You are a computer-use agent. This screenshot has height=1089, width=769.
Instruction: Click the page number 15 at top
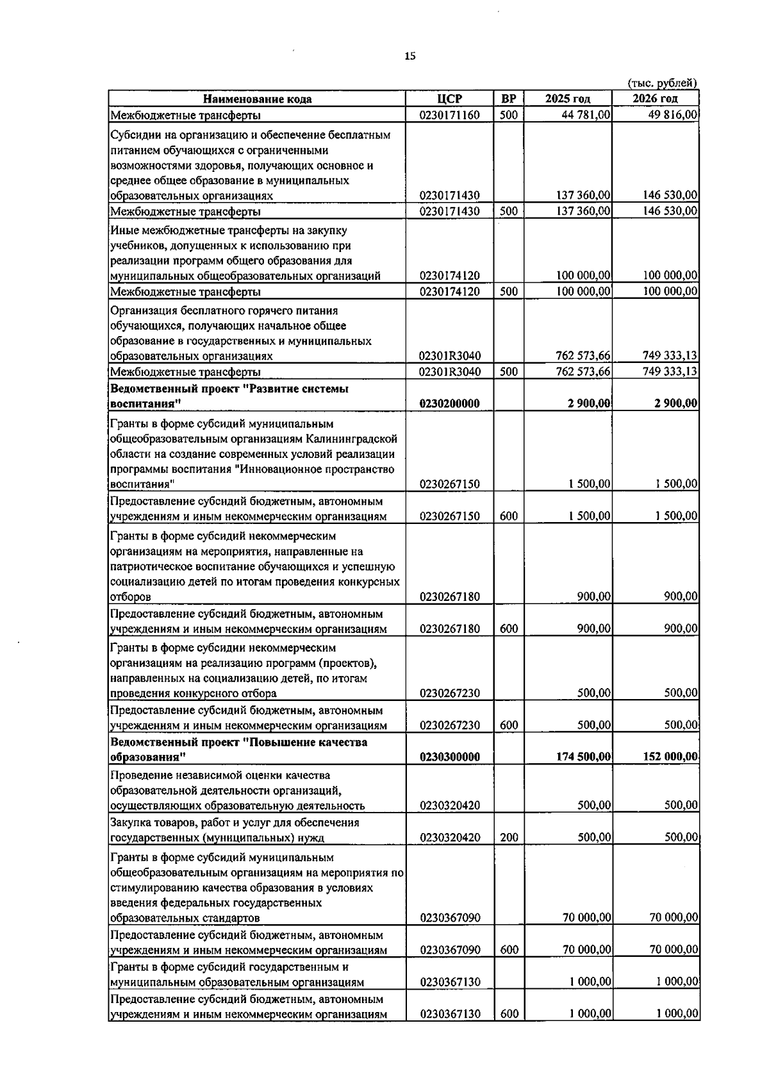click(409, 56)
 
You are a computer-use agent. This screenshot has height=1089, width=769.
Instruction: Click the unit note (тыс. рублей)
click(662, 83)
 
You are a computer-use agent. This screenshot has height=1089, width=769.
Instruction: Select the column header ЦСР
click(449, 99)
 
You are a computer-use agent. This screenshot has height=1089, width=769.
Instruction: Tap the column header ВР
click(508, 99)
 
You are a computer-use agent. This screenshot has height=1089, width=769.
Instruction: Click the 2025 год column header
click(568, 99)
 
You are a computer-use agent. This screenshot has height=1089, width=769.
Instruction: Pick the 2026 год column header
click(655, 99)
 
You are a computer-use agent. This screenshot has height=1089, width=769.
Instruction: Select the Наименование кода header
click(257, 99)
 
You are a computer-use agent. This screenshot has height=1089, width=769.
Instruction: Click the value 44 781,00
click(586, 115)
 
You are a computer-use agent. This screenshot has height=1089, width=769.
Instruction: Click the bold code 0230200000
click(449, 403)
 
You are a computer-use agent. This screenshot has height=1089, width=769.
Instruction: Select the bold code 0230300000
click(449, 757)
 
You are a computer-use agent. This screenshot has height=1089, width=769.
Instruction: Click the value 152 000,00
click(670, 757)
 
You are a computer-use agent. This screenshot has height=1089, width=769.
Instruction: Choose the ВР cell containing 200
click(508, 837)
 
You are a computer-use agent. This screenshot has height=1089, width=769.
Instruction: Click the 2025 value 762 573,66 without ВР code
click(583, 356)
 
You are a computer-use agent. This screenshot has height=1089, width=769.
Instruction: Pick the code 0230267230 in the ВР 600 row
click(449, 725)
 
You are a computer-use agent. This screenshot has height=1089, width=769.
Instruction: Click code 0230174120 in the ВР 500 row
click(449, 292)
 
